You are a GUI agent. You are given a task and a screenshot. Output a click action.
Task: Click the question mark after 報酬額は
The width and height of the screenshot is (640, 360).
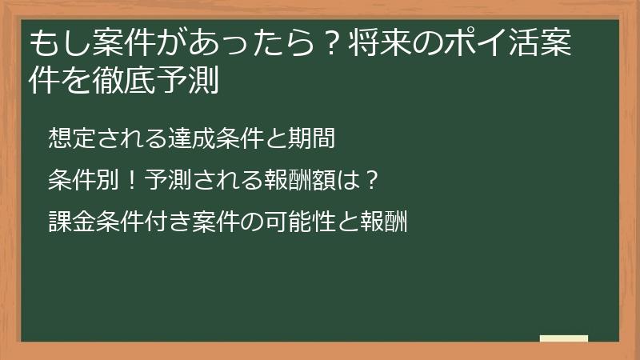(370, 180)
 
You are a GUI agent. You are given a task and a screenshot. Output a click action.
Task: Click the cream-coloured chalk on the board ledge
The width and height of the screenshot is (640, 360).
(564, 338)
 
